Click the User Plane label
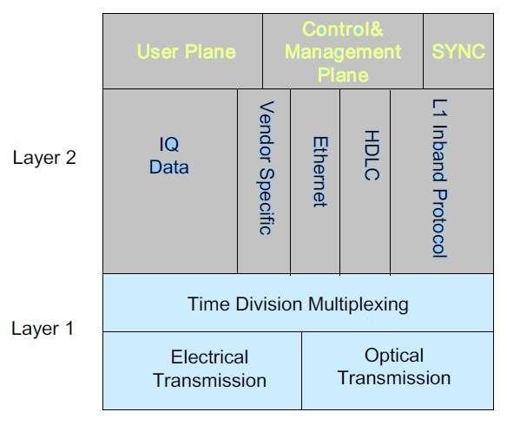pyautogui.click(x=186, y=52)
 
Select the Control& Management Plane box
pyautogui.click(x=343, y=52)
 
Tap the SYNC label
pyautogui.click(x=458, y=52)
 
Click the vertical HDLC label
pyautogui.click(x=371, y=157)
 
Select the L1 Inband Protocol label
pyautogui.click(x=439, y=177)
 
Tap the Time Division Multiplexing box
pyautogui.click(x=298, y=304)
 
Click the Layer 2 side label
pyautogui.click(x=45, y=159)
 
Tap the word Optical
pyautogui.click(x=394, y=356)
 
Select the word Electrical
pyautogui.click(x=209, y=357)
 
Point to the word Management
pyautogui.click(x=343, y=52)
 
